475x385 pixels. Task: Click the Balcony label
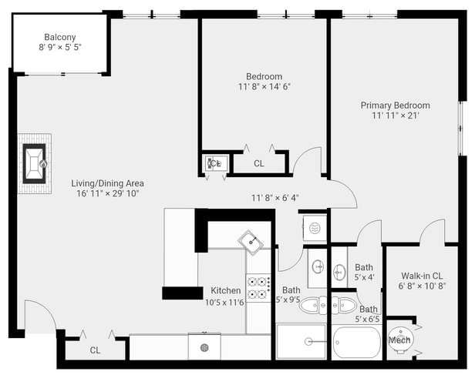pyautogui.click(x=60, y=37)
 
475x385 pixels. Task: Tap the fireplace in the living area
pyautogui.click(x=35, y=163)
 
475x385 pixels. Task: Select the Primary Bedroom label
pyautogui.click(x=396, y=105)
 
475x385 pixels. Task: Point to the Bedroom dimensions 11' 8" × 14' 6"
pyautogui.click(x=264, y=87)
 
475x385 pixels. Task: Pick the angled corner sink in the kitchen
pyautogui.click(x=251, y=243)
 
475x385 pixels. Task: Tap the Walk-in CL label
pyautogui.click(x=422, y=276)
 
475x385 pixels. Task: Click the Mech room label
pyautogui.click(x=399, y=340)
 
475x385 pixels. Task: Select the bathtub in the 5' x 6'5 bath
pyautogui.click(x=356, y=342)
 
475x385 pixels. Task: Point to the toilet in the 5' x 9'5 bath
pyautogui.click(x=313, y=306)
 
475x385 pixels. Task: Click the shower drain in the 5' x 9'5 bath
pyautogui.click(x=308, y=342)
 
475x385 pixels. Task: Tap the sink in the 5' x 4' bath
pyautogui.click(x=339, y=272)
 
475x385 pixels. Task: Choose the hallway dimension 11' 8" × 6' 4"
pyautogui.click(x=275, y=198)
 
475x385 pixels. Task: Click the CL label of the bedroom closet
pyautogui.click(x=259, y=163)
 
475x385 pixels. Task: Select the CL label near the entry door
pyautogui.click(x=95, y=350)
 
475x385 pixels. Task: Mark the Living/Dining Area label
pyautogui.click(x=107, y=183)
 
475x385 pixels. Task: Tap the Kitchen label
pyautogui.click(x=226, y=290)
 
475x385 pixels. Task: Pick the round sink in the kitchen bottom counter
pyautogui.click(x=204, y=348)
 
